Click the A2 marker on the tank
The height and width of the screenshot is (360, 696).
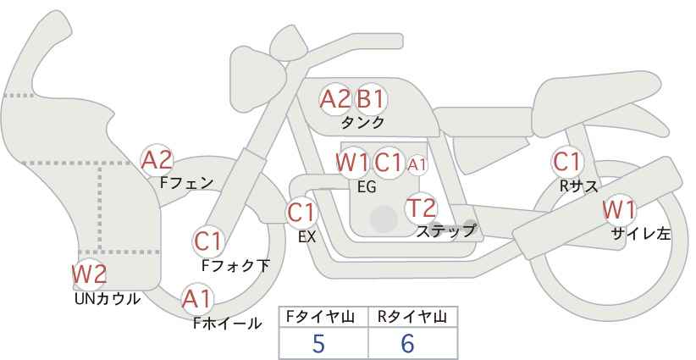click(x=335, y=99)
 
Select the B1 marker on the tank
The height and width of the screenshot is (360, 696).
click(x=371, y=99)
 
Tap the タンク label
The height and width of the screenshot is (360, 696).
click(x=362, y=123)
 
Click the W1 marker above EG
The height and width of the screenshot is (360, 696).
click(x=352, y=163)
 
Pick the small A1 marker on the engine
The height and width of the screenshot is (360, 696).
click(x=417, y=165)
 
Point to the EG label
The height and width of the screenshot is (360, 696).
click(x=367, y=187)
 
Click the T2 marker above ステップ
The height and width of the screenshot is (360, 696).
click(x=421, y=208)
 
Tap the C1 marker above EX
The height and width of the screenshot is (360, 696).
click(x=301, y=213)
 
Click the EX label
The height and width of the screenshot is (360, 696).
click(x=307, y=237)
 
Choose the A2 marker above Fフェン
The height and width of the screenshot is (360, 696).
click(x=157, y=160)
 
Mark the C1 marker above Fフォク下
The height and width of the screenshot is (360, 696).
click(x=207, y=242)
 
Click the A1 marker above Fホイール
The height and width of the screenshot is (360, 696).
click(x=197, y=299)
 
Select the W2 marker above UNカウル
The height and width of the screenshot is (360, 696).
click(x=89, y=274)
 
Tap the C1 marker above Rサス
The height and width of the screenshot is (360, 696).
click(x=566, y=162)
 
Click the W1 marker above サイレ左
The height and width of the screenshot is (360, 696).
click(x=619, y=210)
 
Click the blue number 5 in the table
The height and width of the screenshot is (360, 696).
click(x=318, y=343)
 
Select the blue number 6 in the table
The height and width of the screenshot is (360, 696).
click(x=407, y=343)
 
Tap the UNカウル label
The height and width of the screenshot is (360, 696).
click(x=107, y=299)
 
